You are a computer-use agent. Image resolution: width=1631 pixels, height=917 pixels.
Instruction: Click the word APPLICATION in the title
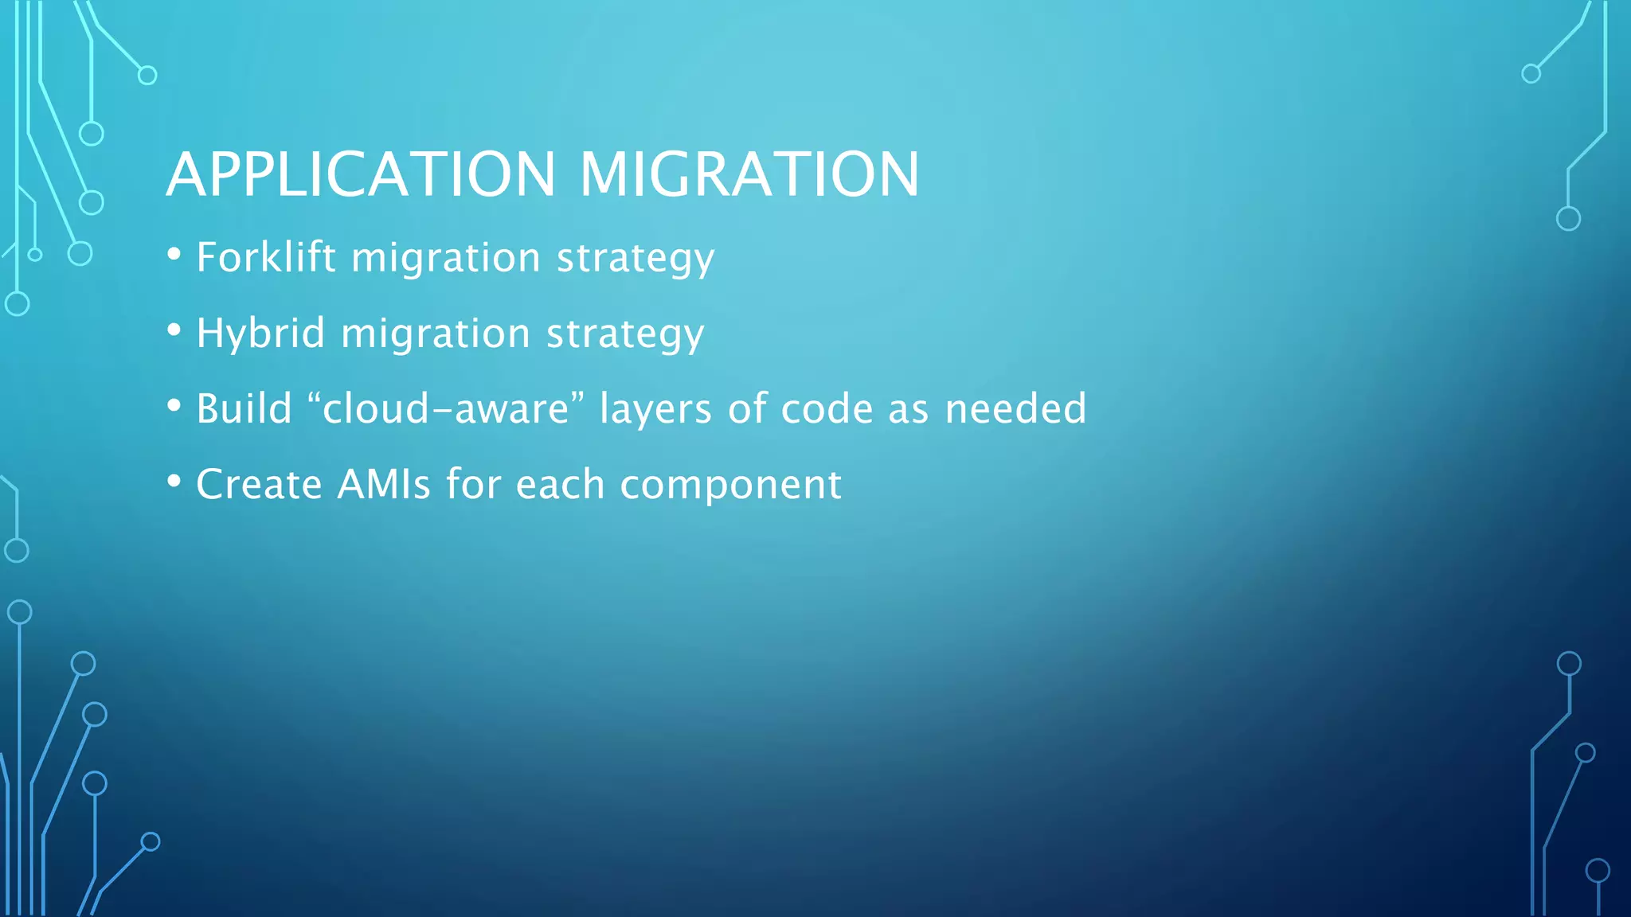(361, 174)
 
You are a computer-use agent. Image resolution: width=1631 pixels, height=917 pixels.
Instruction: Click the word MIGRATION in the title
(749, 174)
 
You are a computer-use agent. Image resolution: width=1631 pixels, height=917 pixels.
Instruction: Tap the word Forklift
(266, 257)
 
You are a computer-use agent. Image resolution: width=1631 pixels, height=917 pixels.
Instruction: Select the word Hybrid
(260, 333)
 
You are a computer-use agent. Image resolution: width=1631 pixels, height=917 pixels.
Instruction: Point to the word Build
(244, 408)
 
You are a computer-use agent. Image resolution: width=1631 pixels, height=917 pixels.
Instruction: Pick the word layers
(655, 410)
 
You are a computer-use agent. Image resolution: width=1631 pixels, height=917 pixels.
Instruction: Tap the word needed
(1015, 408)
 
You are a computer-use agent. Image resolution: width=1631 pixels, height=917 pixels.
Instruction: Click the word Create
(259, 484)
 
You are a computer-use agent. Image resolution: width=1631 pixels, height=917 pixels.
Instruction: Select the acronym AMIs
(384, 484)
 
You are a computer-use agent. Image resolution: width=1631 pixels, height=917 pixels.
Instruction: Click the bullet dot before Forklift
(174, 255)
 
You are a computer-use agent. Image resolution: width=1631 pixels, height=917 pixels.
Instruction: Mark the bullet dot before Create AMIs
(174, 482)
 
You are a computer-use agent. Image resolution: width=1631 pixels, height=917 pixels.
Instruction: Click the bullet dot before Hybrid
(174, 330)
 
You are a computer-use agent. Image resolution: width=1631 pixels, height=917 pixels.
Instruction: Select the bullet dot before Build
(174, 406)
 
